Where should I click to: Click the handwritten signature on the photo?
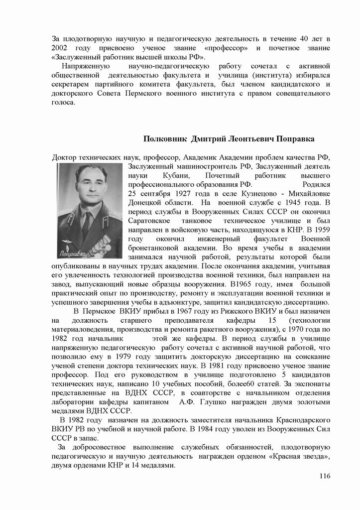tap(73, 254)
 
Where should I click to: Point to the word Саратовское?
tap(149, 220)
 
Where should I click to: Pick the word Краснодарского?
tap(300, 420)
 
